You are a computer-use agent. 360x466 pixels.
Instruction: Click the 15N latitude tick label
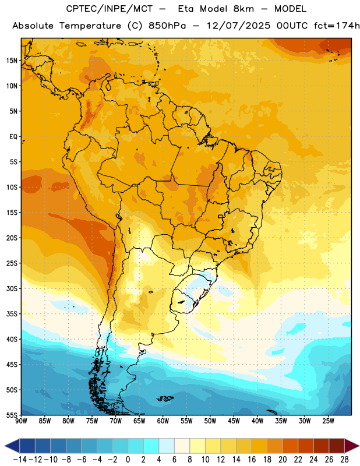click(12, 61)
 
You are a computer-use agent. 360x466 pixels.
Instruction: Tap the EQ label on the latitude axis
click(13, 137)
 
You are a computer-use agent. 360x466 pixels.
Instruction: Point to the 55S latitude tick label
click(12, 415)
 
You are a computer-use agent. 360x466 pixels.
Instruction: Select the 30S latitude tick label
click(12, 288)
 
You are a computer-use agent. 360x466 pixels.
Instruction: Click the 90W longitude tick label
click(21, 421)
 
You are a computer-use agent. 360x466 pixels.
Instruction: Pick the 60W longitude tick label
click(163, 421)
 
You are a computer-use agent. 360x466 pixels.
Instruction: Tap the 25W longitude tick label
click(329, 421)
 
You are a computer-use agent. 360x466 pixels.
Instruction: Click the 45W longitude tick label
click(234, 421)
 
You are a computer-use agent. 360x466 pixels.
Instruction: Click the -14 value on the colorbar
click(20, 460)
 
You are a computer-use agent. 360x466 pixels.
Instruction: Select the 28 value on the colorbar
click(344, 460)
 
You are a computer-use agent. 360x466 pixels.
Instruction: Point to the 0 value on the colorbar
click(128, 460)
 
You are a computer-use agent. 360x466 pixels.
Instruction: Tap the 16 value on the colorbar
click(252, 460)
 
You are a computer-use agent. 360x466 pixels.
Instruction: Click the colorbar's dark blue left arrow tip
click(5, 446)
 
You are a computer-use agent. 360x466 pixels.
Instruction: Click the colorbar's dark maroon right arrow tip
click(359, 446)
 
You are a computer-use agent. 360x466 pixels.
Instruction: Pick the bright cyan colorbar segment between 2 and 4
click(151, 446)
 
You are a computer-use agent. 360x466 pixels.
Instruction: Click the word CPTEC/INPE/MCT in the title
click(110, 9)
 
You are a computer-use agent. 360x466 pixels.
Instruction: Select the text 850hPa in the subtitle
click(167, 26)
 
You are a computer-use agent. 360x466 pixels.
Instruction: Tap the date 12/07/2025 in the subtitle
click(238, 26)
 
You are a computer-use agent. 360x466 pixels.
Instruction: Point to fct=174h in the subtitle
click(336, 26)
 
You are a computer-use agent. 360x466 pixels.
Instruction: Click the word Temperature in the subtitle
click(90, 26)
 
